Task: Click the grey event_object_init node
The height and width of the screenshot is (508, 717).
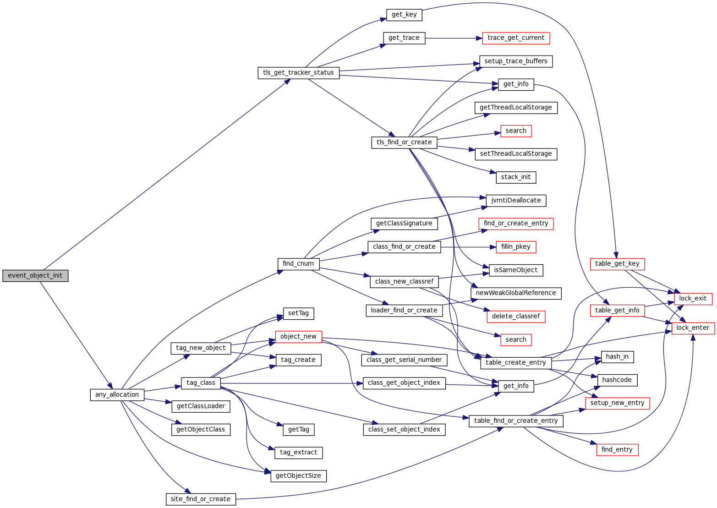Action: click(x=35, y=276)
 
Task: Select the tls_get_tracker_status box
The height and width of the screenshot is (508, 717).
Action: click(x=299, y=73)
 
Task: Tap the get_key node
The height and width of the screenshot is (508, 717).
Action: click(x=404, y=15)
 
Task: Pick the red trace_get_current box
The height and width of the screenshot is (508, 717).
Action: click(x=516, y=38)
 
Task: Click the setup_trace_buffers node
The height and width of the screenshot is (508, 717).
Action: click(x=516, y=61)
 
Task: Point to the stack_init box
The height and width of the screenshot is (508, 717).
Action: click(x=516, y=177)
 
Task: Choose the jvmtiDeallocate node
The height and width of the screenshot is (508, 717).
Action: click(x=516, y=201)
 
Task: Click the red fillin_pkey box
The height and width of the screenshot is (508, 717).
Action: click(x=516, y=247)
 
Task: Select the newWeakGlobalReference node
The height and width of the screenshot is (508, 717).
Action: click(x=516, y=293)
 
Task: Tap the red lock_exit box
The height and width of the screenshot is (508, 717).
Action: click(x=693, y=299)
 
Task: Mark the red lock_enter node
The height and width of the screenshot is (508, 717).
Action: click(x=693, y=328)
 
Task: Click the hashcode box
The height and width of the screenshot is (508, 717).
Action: click(x=617, y=380)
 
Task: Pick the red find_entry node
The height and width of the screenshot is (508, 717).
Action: click(x=617, y=450)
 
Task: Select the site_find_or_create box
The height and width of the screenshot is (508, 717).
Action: click(x=201, y=499)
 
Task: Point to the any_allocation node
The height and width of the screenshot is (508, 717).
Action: click(x=117, y=395)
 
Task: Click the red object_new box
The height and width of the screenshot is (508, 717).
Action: click(x=298, y=337)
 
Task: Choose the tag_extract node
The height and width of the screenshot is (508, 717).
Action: click(x=298, y=453)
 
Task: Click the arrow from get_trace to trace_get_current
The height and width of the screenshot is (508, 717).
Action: click(x=454, y=38)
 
